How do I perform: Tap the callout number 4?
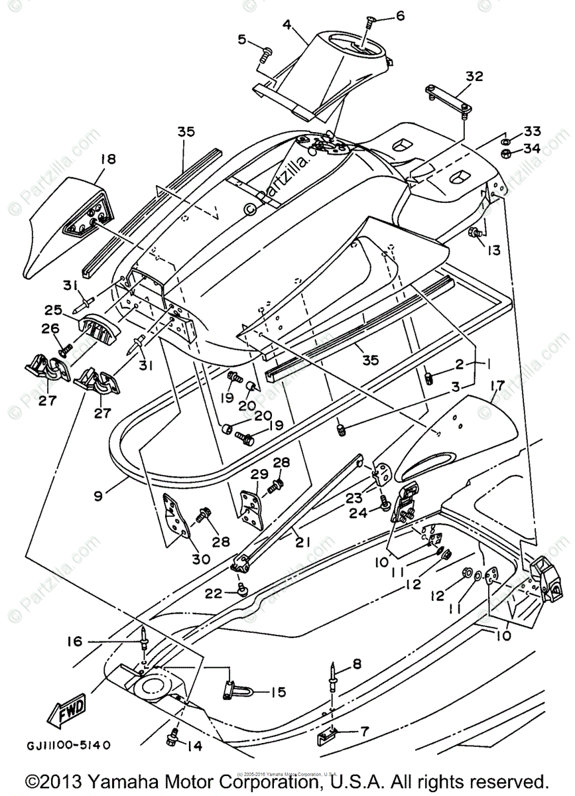pyautogui.click(x=287, y=25)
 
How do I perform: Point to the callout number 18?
pyautogui.click(x=107, y=159)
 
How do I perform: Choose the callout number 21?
pyautogui.click(x=303, y=542)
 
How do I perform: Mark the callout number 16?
pyautogui.click(x=74, y=641)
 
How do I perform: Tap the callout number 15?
pyautogui.click(x=278, y=692)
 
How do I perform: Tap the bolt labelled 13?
pyautogui.click(x=476, y=232)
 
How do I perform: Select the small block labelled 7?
pyautogui.click(x=328, y=735)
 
